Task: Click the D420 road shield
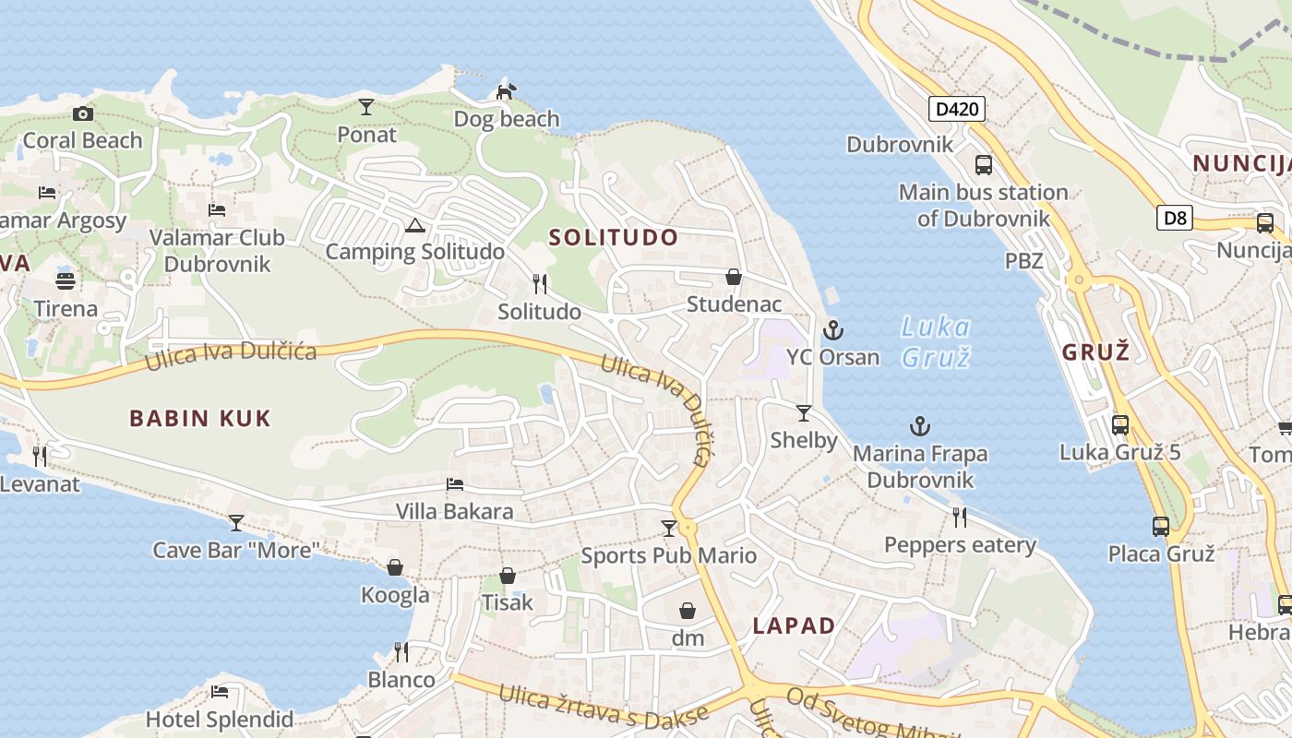[x=957, y=110]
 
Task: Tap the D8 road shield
[x=1174, y=219]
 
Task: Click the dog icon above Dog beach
[x=506, y=91]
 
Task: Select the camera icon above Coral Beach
[x=83, y=113]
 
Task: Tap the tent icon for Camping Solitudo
[x=415, y=225]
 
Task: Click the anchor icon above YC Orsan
[x=832, y=329]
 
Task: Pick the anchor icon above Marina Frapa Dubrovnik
[x=919, y=426]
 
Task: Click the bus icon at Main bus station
[x=984, y=165]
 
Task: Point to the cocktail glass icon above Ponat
[x=366, y=107]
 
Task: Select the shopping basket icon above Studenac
[x=734, y=277]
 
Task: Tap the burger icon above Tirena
[x=66, y=280]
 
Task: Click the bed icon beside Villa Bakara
[x=454, y=484]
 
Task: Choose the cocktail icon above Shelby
[x=804, y=412]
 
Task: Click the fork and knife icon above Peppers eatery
[x=960, y=518]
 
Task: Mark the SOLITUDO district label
[x=614, y=237]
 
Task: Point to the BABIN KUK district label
[x=200, y=418]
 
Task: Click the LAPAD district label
[x=794, y=625]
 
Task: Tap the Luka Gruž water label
[x=936, y=341]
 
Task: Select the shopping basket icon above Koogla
[x=395, y=567]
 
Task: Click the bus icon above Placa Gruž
[x=1161, y=527]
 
